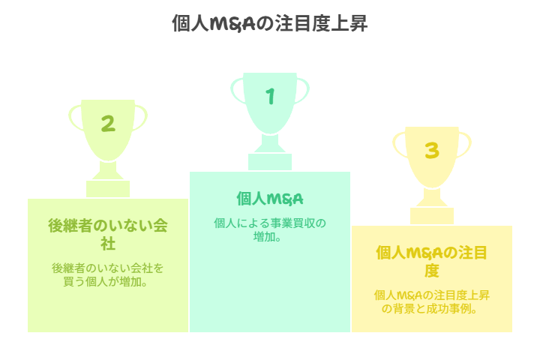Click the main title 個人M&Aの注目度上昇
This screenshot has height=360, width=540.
(270, 23)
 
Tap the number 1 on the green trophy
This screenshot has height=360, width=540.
(270, 96)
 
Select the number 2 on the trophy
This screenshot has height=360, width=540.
(108, 123)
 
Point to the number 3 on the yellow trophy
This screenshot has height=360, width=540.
(432, 151)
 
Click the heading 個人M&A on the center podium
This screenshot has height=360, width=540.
(270, 199)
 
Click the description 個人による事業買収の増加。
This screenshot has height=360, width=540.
(270, 229)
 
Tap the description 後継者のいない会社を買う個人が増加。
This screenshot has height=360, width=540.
(107, 274)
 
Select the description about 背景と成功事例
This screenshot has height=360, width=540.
(431, 301)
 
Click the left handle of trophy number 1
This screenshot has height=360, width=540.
(238, 90)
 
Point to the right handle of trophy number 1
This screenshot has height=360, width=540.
(302, 90)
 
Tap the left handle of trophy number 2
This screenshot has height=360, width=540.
(76, 118)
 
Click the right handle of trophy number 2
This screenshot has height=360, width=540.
(140, 118)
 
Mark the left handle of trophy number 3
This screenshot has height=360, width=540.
(400, 145)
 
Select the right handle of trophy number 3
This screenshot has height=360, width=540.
(464, 145)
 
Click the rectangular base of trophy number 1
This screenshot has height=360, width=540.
(270, 162)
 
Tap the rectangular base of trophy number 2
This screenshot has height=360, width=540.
(108, 189)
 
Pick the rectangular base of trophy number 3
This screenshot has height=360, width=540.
(432, 216)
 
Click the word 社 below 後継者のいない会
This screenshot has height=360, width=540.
(108, 244)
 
